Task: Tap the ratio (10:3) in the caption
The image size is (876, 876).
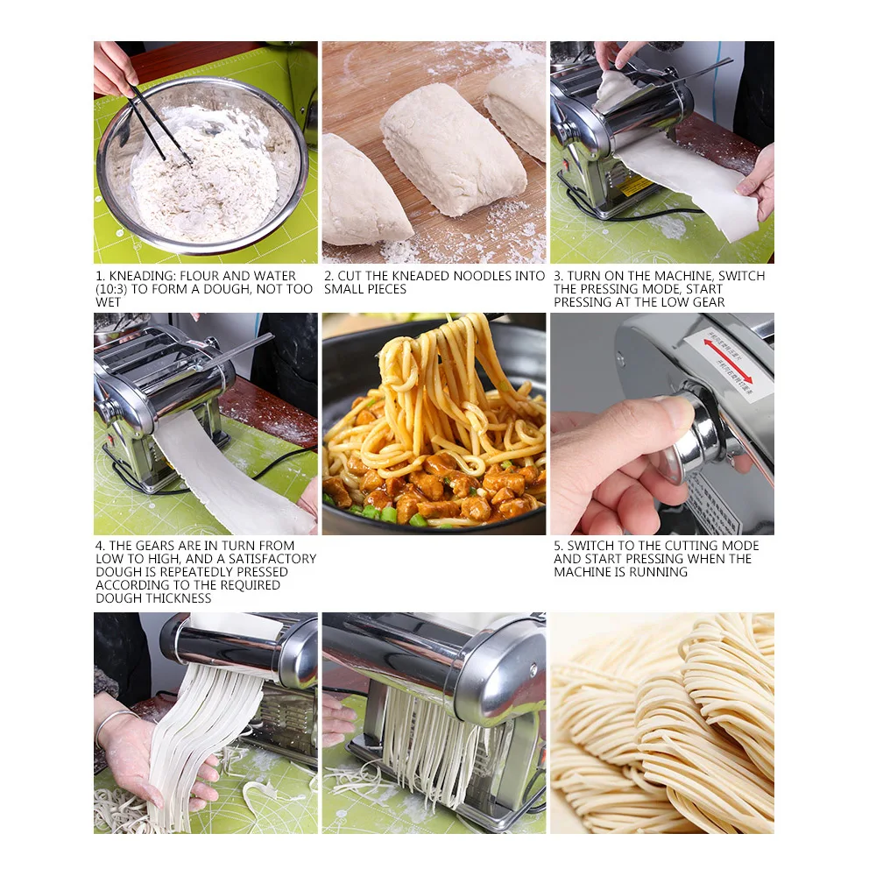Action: click(x=112, y=289)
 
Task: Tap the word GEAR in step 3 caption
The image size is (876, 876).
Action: click(x=707, y=302)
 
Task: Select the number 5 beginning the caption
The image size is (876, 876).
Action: click(x=557, y=546)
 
